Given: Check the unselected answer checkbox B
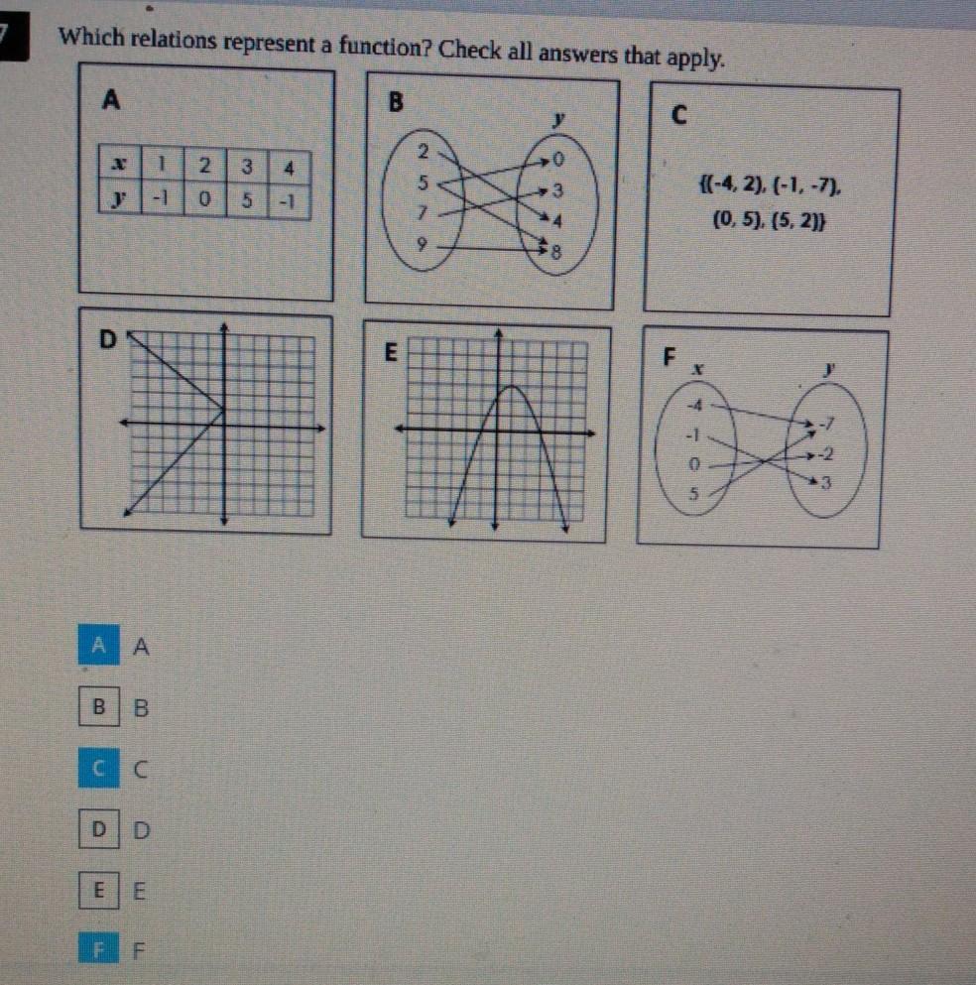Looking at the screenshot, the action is coord(99,706).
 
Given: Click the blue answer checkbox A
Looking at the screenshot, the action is coord(98,645).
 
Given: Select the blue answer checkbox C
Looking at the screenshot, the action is coord(98,768).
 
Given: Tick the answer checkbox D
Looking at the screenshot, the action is coord(99,829).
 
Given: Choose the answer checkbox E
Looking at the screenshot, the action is coord(98,890).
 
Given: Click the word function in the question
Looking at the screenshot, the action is coord(385,46).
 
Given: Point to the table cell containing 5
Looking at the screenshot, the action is coord(247,200).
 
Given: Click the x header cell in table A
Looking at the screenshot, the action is coord(119,164).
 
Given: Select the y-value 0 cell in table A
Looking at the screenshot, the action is coord(204,199).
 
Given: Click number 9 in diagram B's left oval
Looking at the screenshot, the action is coord(422,244).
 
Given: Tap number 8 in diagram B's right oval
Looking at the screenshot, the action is coord(555,253).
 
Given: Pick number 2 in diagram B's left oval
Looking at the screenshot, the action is coord(424,152).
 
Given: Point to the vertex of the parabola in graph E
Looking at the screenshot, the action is coord(512,385).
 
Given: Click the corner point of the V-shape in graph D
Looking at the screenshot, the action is coord(223,411).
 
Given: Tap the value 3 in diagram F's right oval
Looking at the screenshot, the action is coord(826,483).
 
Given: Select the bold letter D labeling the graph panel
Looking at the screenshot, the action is coord(108,339).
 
